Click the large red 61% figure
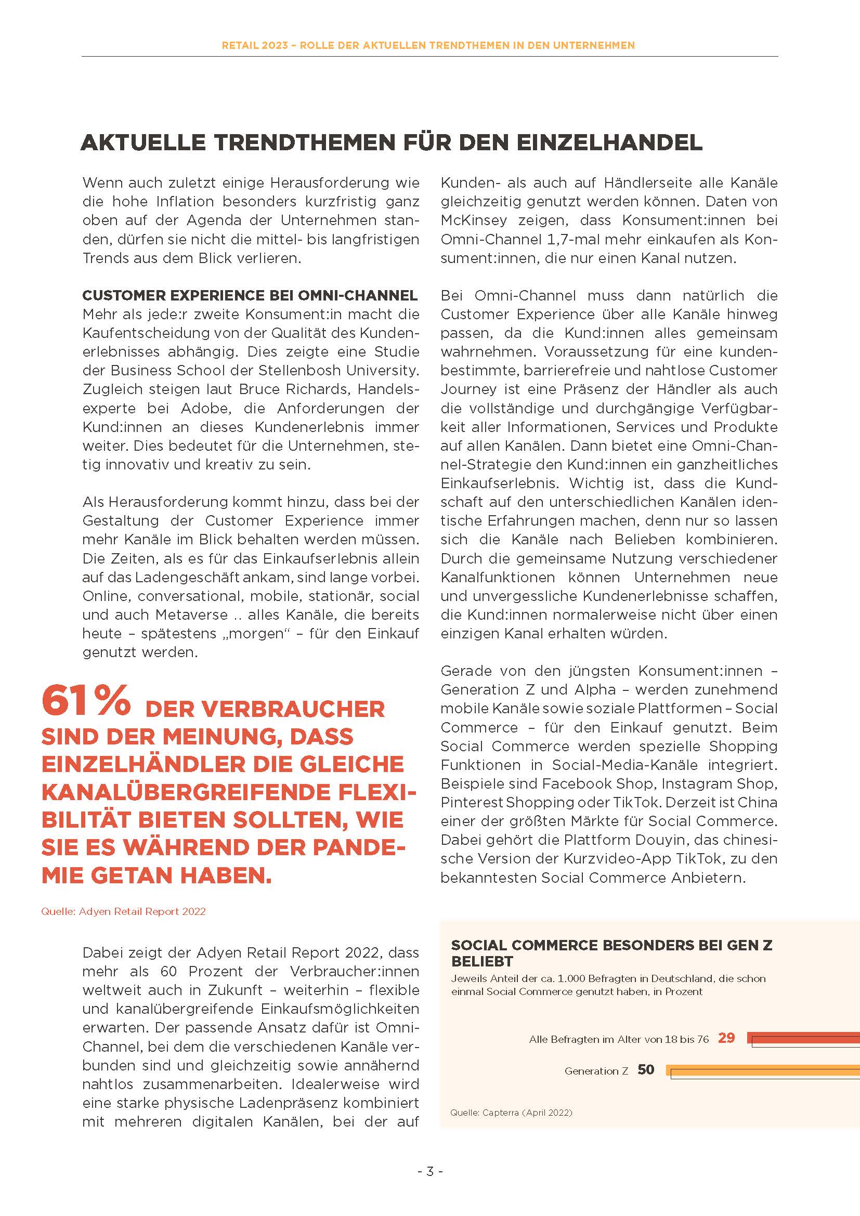(x=86, y=700)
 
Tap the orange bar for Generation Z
(x=763, y=1069)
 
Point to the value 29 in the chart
(x=726, y=1038)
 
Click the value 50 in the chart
(x=646, y=1069)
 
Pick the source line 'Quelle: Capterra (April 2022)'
(x=511, y=1112)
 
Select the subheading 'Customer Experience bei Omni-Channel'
(x=250, y=295)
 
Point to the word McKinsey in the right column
(x=474, y=220)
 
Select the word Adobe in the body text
(x=203, y=408)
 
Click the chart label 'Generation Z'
(x=596, y=1071)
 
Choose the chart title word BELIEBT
(x=482, y=961)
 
